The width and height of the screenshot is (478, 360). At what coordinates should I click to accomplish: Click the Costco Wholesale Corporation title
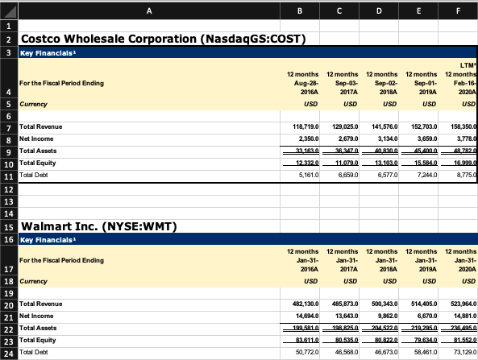point(161,39)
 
